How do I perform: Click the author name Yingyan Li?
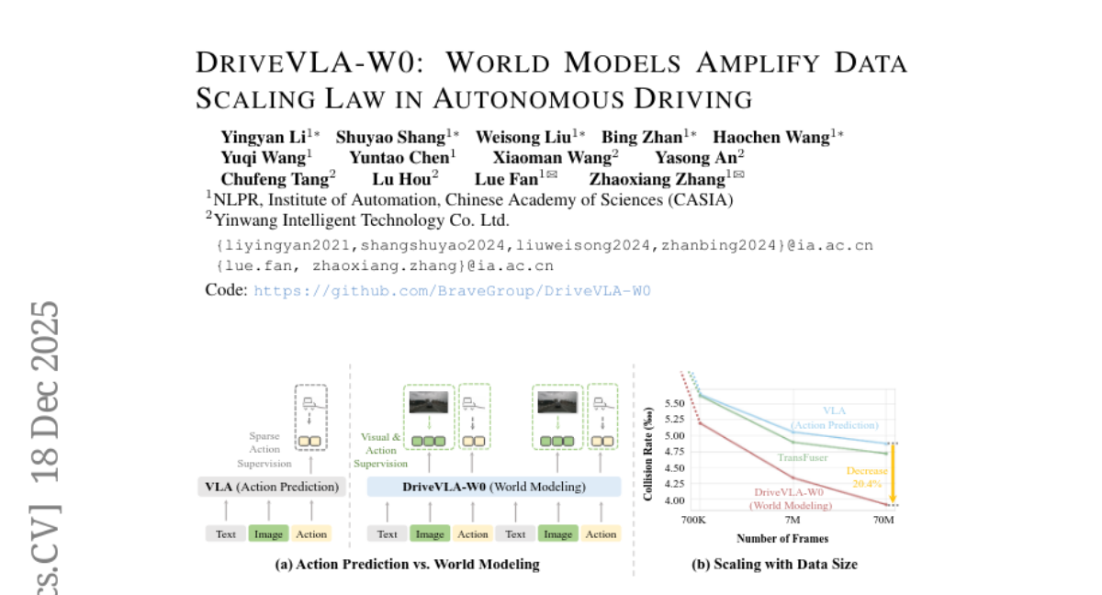(x=262, y=138)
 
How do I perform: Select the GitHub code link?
(x=452, y=290)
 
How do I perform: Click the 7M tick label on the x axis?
(x=793, y=520)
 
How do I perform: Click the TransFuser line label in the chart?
(x=804, y=456)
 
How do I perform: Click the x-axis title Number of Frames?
(x=781, y=538)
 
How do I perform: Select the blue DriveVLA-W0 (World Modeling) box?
(x=493, y=487)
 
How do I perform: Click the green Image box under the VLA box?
(x=268, y=533)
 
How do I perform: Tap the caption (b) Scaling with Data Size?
(x=774, y=565)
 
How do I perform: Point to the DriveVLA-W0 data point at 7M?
(x=793, y=477)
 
